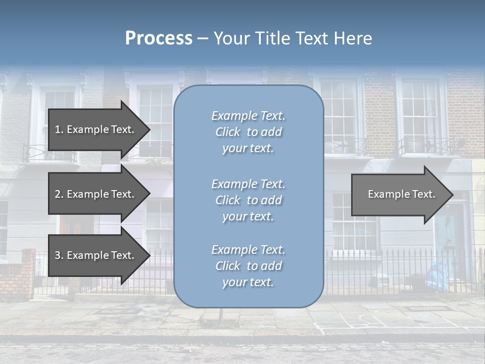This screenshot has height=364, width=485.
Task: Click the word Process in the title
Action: pos(159,38)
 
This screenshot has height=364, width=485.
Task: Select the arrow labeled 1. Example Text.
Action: pos(96,129)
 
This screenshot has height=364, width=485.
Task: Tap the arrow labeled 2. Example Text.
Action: pos(96,194)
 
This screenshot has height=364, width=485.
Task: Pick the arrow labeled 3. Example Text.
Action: pos(96,255)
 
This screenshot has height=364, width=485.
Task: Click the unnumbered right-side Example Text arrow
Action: pos(399,195)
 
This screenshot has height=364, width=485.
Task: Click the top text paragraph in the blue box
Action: pos(248,132)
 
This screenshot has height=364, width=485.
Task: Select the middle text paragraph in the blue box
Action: pos(248,200)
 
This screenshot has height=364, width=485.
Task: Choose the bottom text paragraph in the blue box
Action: pos(248,266)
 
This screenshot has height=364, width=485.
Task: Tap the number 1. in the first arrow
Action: pos(59,129)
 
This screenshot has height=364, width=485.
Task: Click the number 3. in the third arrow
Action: pos(59,255)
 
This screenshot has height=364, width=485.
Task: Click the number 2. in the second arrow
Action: pos(59,194)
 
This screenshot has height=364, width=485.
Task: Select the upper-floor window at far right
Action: pos(419,116)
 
